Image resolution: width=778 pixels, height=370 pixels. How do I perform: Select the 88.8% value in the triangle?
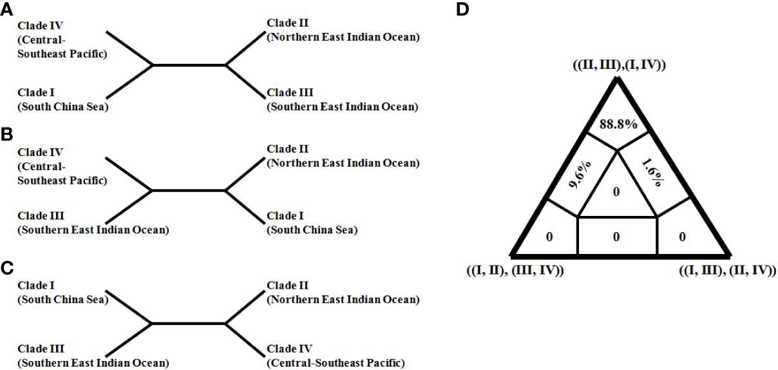tap(618, 124)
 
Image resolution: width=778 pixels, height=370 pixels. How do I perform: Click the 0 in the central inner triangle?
tap(616, 192)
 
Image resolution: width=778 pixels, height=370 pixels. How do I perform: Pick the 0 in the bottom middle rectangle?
tap(616, 237)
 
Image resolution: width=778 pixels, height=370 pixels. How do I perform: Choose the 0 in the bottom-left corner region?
tap(549, 237)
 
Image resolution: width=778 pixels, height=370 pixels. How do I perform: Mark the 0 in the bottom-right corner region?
tap(683, 237)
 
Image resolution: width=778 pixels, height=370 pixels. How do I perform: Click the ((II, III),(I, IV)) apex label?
tap(618, 65)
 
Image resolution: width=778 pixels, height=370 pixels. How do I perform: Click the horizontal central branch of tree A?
tap(189, 65)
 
